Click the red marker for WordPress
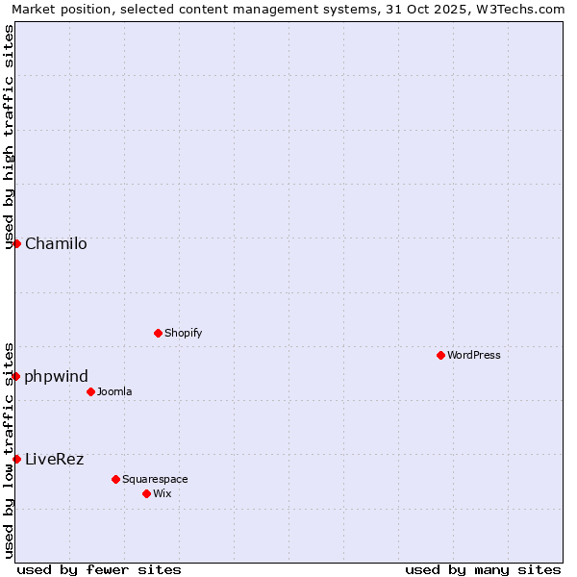click(440, 355)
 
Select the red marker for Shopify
click(158, 333)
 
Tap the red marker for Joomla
click(90, 391)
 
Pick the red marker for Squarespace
click(115, 479)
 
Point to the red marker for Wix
click(146, 493)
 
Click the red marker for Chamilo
click(16, 243)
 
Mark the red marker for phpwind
click(16, 376)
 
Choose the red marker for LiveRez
click(16, 459)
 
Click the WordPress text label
click(473, 355)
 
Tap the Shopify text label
click(183, 333)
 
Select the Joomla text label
click(114, 391)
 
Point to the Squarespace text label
click(155, 479)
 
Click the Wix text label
click(162, 493)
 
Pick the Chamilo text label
click(56, 243)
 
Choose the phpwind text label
click(57, 376)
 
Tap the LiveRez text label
click(55, 459)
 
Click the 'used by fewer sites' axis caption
click(99, 569)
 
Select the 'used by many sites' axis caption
click(483, 569)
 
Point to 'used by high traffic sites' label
click(9, 136)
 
